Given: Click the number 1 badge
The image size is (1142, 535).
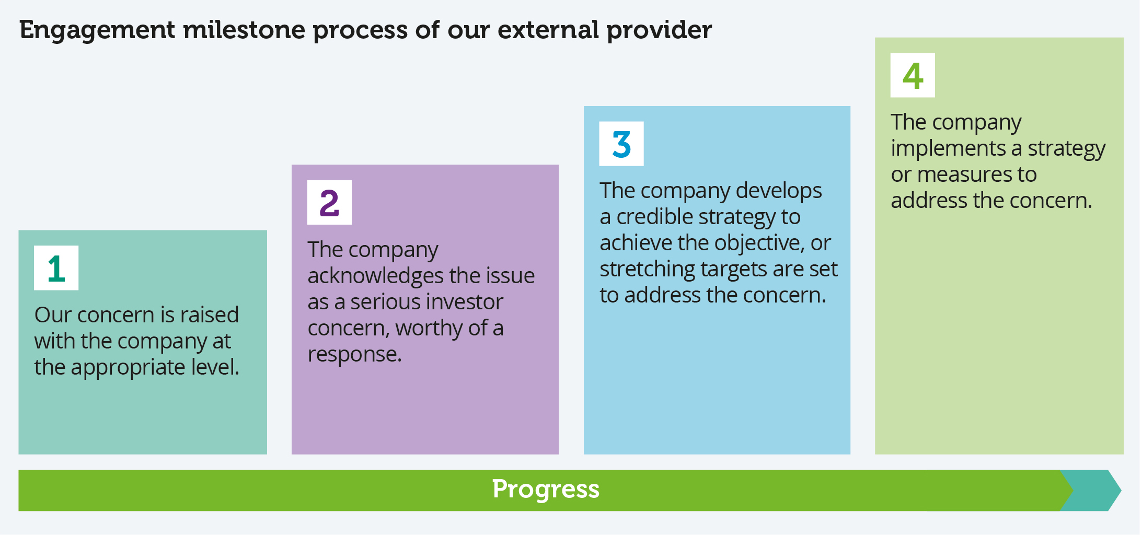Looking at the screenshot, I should (x=56, y=268).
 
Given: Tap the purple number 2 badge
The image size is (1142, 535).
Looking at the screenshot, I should (x=329, y=203).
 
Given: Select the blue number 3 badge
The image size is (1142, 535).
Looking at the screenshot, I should (x=621, y=144).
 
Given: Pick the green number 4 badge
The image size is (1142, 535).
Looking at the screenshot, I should (x=913, y=75).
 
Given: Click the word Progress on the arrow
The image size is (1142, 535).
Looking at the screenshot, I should (x=546, y=490).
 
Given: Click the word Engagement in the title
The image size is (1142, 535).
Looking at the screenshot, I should (x=97, y=30).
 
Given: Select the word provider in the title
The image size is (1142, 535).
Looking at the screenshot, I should (x=659, y=30).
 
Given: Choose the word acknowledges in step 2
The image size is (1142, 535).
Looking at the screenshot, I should (x=368, y=276).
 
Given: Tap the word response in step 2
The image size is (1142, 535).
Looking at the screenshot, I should (x=353, y=355).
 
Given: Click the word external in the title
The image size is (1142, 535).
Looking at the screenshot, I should (x=547, y=29).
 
